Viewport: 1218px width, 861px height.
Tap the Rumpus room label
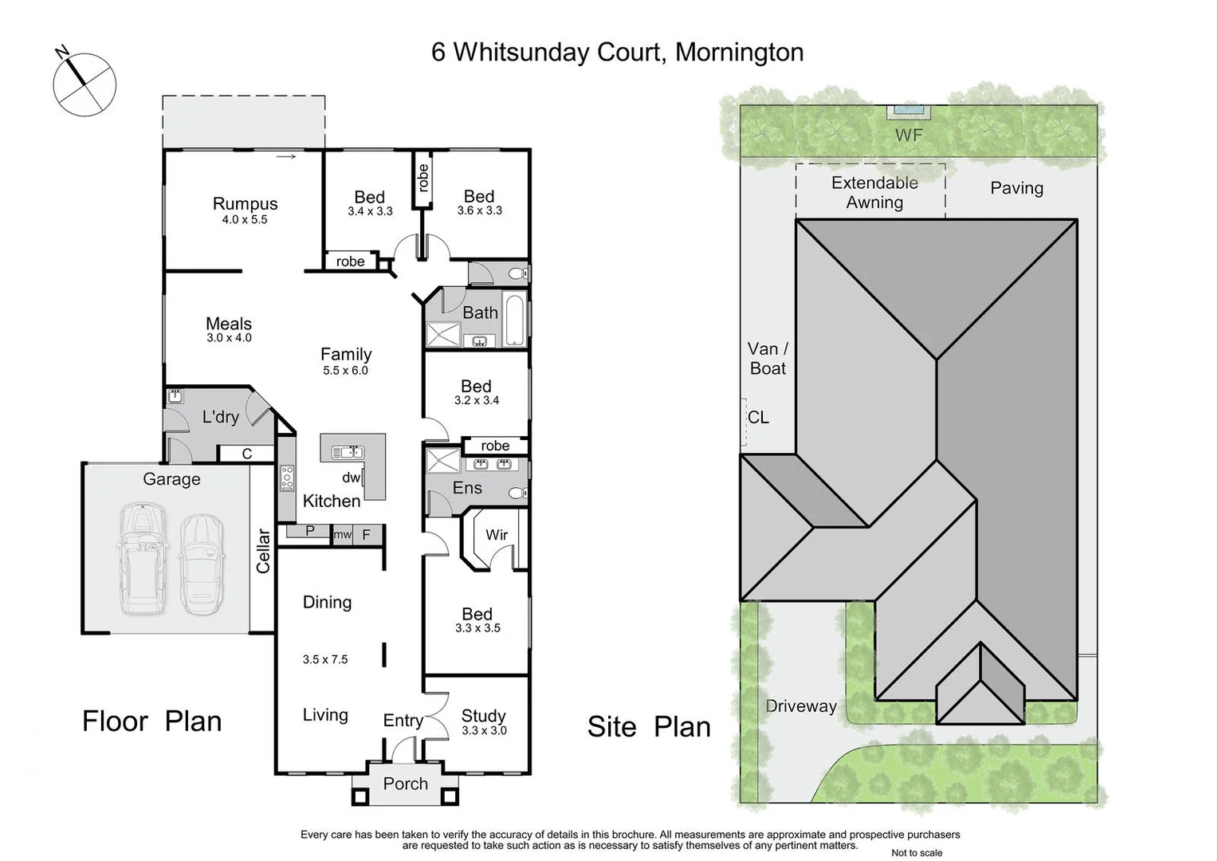coord(245,204)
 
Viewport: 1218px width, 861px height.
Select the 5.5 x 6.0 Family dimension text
coord(345,371)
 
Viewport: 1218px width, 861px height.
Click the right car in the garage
coord(201,564)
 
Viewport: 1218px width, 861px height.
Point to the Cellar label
coord(263,551)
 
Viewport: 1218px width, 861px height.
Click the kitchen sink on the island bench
coord(348,453)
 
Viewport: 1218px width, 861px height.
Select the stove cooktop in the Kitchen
coord(287,478)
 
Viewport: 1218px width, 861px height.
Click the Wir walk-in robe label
coord(497,535)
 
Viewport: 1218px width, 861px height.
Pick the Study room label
coord(483,716)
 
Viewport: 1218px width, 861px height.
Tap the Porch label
coord(405,784)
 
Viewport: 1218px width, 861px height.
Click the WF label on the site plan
coord(908,136)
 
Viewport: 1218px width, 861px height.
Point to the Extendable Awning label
coord(874,192)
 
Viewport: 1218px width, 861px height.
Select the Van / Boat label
coord(768,359)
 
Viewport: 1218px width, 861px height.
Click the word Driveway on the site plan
coord(800,706)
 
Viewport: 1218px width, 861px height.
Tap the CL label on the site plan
coord(758,418)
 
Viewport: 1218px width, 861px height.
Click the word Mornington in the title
coord(739,53)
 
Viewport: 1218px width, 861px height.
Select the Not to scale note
coord(916,853)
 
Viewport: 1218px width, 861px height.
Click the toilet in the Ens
coord(517,493)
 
